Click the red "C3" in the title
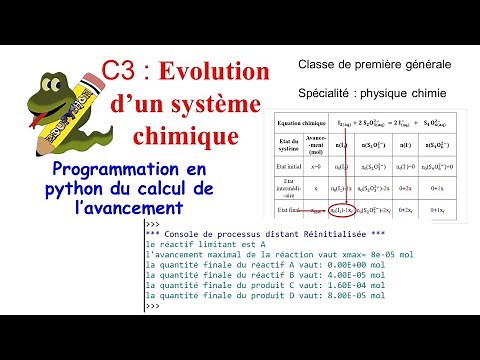(x=121, y=74)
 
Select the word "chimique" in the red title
(x=186, y=133)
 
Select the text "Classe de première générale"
(x=374, y=64)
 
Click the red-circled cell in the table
(x=345, y=211)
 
